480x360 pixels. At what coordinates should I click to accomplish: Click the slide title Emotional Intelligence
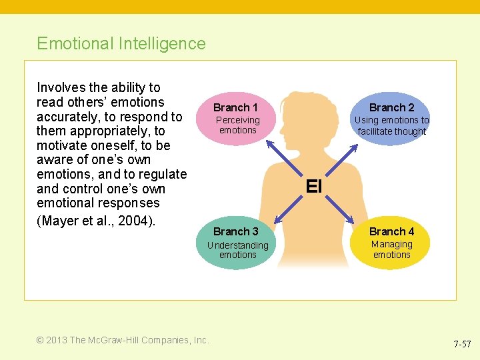(x=121, y=44)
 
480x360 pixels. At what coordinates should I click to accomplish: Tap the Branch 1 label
(x=235, y=107)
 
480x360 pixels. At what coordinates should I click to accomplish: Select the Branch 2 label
(x=391, y=107)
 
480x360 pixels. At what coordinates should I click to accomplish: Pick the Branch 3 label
(x=235, y=231)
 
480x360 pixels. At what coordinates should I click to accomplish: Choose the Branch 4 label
(x=391, y=231)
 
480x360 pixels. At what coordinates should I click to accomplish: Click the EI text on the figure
(x=313, y=187)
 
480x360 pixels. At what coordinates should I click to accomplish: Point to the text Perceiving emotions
(x=237, y=125)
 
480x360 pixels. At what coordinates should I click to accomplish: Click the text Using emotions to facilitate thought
(x=391, y=126)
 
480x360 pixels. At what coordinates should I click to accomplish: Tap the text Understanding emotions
(x=237, y=250)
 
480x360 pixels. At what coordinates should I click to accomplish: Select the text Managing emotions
(x=391, y=249)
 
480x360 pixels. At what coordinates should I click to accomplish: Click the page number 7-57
(x=462, y=345)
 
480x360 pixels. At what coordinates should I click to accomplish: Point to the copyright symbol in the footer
(x=41, y=340)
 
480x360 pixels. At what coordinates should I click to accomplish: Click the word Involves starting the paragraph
(x=61, y=87)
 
